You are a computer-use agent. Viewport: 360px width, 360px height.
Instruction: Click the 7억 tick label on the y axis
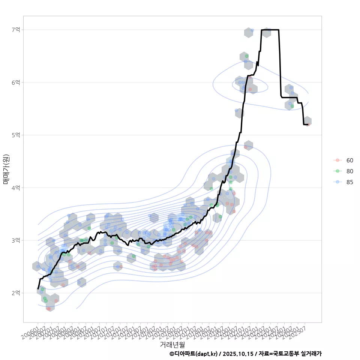click(16, 30)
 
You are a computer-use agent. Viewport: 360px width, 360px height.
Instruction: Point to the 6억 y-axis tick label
click(16, 82)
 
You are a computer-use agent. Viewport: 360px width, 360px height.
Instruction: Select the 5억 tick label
click(16, 135)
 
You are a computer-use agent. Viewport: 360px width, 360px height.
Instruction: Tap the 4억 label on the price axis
click(16, 187)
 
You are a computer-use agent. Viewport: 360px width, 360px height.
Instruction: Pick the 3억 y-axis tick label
click(16, 240)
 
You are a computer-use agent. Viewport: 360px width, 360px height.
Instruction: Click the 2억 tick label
click(16, 293)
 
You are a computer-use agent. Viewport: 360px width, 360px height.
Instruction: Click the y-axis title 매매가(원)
click(6, 169)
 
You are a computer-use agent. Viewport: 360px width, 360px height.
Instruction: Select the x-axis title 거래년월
click(172, 344)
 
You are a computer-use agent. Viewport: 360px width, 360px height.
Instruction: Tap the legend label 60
click(349, 160)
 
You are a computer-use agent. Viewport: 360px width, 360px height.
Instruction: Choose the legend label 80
click(349, 171)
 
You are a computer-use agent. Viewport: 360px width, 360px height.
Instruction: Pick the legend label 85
click(349, 182)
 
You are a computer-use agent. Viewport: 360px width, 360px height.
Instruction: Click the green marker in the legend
click(337, 171)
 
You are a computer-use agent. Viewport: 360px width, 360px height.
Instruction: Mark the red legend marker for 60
click(337, 160)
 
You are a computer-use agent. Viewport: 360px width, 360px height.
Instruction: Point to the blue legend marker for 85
click(337, 182)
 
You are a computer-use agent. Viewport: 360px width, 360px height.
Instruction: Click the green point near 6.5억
click(247, 56)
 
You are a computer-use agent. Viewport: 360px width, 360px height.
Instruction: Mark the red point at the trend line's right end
click(308, 124)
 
